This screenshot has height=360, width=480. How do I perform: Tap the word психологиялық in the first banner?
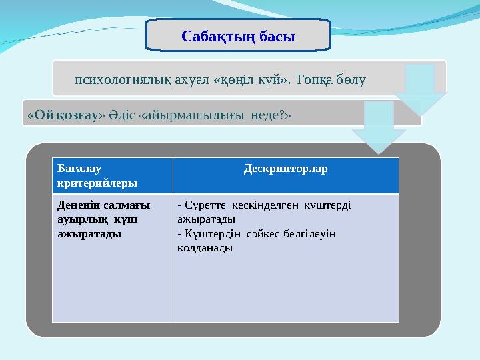[124, 81]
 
